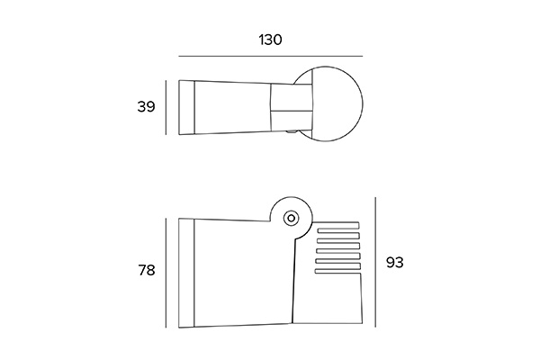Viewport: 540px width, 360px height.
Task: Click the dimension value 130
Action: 270,40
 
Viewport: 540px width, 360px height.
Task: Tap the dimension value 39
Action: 147,107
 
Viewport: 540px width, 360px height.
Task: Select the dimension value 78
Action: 147,270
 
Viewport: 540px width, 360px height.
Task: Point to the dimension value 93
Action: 395,263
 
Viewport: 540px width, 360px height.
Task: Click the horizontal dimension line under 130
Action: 271,56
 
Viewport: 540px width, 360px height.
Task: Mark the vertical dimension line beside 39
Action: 166,107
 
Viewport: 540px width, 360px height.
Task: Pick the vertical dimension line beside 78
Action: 166,273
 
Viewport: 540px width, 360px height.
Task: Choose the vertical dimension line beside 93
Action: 375,262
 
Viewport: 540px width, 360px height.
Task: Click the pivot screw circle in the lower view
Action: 292,218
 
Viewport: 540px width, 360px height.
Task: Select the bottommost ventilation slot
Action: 337,272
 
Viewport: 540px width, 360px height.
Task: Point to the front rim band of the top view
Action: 186,107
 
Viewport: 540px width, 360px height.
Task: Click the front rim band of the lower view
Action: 186,273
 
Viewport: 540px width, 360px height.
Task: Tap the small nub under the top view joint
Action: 291,131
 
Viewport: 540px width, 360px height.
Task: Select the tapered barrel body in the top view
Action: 233,107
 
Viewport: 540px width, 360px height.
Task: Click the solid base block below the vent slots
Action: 328,298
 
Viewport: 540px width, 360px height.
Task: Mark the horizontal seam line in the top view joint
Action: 292,111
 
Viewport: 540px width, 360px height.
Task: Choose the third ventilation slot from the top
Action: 338,246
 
